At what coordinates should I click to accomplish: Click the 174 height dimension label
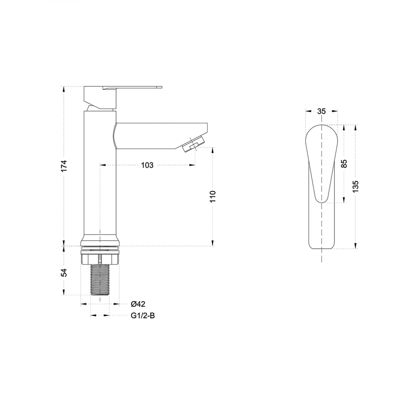tap(64, 166)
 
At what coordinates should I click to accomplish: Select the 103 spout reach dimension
tap(147, 165)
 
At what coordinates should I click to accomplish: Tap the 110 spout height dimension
tap(213, 197)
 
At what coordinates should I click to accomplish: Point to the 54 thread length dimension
tap(64, 273)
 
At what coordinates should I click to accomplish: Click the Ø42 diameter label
tap(138, 304)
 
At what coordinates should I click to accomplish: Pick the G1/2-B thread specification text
tap(143, 315)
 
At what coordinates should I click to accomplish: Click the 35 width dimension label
tap(322, 111)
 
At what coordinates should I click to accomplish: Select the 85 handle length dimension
tap(344, 164)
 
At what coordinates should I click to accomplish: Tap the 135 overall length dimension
tap(356, 186)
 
